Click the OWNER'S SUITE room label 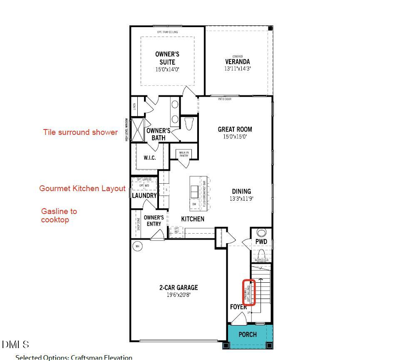pyautogui.click(x=167, y=58)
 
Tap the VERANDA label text pyautogui.click(x=238, y=62)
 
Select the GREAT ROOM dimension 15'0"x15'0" pyautogui.click(x=235, y=137)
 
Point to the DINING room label pyautogui.click(x=241, y=192)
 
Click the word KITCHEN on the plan pyautogui.click(x=193, y=219)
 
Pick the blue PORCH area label pyautogui.click(x=248, y=334)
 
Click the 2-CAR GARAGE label pyautogui.click(x=178, y=287)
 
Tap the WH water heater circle pyautogui.click(x=137, y=246)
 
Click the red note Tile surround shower pyautogui.click(x=80, y=132)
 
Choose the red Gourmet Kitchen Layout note pyautogui.click(x=82, y=189)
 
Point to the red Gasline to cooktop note pyautogui.click(x=59, y=216)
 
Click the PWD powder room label pyautogui.click(x=261, y=241)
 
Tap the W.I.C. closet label pyautogui.click(x=149, y=158)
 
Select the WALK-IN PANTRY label pyautogui.click(x=184, y=154)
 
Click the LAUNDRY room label pyautogui.click(x=144, y=195)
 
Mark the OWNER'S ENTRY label pyautogui.click(x=154, y=221)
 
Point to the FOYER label pyautogui.click(x=238, y=307)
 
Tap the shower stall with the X pyautogui.click(x=137, y=130)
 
